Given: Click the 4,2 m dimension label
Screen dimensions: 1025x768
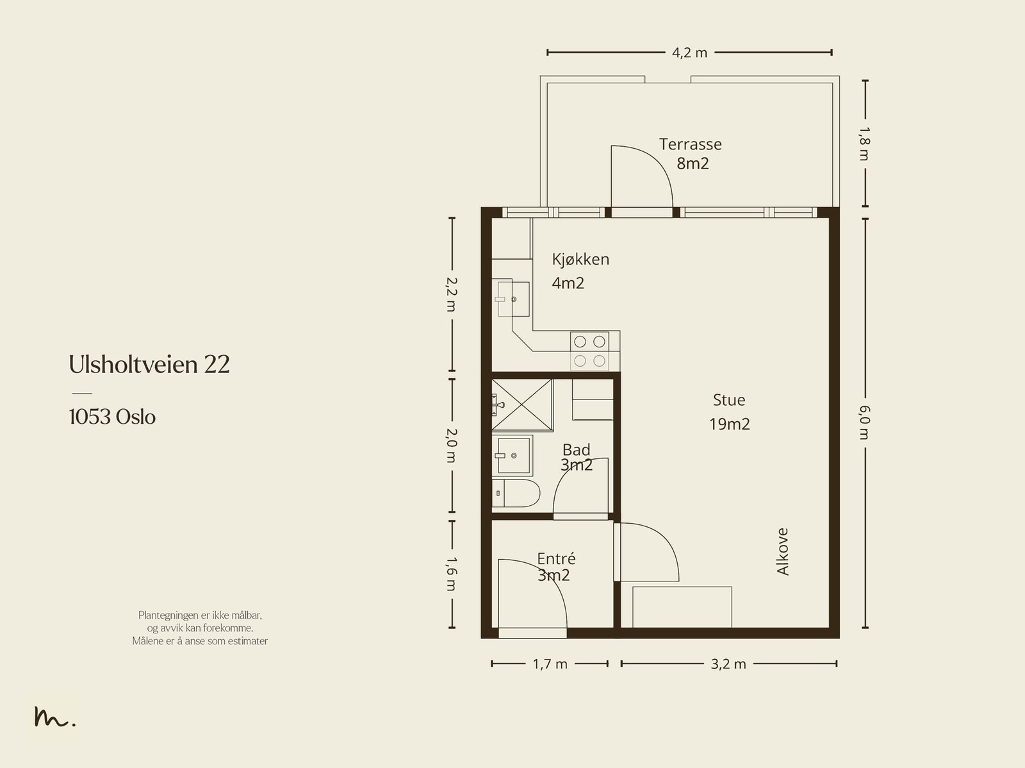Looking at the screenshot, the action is (x=689, y=53).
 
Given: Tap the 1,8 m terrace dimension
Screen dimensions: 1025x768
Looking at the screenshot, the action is (x=864, y=144).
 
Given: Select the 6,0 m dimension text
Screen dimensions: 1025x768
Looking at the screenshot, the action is (x=864, y=422).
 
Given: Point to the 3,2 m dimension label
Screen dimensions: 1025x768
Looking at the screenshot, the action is (x=728, y=664).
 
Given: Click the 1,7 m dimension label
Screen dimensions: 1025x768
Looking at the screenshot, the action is (x=550, y=664).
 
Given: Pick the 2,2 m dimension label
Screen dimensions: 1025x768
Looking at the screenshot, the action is (x=452, y=294).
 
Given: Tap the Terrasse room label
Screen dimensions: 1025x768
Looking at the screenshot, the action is (x=690, y=144).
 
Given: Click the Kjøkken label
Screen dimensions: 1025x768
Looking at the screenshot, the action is (x=580, y=259).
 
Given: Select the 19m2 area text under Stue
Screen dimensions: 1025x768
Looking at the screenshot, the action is (x=730, y=424).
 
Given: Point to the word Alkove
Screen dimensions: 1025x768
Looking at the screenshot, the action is (x=782, y=552).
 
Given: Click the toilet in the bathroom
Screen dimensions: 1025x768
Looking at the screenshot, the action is (x=516, y=493).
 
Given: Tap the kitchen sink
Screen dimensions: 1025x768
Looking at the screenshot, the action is (x=512, y=299).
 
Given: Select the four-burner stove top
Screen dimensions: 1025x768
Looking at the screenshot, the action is (x=590, y=351).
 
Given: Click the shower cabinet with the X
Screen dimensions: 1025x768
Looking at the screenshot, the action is (x=522, y=405).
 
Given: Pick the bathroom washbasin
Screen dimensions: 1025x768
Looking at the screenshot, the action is (x=512, y=455).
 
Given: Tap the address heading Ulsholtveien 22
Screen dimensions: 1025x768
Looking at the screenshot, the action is (x=149, y=364).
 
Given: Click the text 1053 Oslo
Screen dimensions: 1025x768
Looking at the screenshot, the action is (x=112, y=417).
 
